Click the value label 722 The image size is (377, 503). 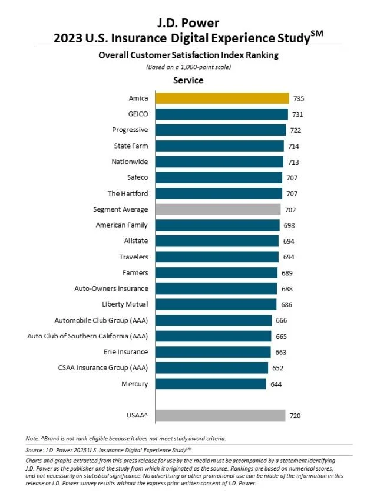296,130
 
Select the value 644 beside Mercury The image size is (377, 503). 276,384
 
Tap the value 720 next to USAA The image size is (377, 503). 295,416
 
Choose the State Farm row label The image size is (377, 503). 131,146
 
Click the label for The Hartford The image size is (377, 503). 128,193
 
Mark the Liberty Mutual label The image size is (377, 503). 125,304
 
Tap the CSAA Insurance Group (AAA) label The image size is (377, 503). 103,368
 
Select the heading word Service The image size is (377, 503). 188,80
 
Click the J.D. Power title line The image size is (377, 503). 188,23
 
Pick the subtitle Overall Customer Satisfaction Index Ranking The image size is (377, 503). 188,55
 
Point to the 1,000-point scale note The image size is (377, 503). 188,67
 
